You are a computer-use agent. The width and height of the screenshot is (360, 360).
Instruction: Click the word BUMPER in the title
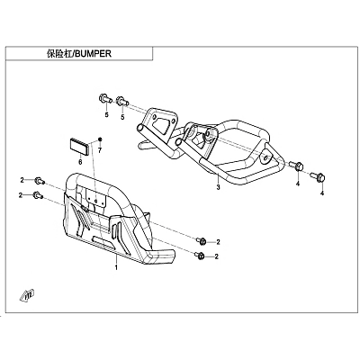click(93, 54)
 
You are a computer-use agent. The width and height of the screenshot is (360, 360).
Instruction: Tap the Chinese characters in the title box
click(59, 54)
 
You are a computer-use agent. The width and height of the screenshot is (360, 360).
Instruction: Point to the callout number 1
click(116, 266)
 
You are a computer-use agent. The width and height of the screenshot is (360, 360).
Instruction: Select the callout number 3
click(218, 187)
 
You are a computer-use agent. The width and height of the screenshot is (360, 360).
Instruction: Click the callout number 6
click(80, 162)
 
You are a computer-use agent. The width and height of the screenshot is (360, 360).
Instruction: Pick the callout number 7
click(100, 149)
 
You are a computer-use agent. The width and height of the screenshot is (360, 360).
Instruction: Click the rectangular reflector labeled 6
click(79, 147)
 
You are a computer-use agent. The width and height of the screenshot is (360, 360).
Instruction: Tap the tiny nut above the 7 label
click(100, 139)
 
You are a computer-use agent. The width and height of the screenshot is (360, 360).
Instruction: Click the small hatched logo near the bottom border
click(28, 295)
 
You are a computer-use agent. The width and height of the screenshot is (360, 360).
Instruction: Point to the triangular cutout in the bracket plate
click(165, 127)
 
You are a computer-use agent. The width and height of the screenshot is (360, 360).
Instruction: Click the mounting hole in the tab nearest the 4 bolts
click(265, 157)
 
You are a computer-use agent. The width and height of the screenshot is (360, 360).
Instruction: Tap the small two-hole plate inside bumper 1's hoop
click(96, 198)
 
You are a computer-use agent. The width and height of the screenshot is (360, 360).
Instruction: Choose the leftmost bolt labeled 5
click(105, 99)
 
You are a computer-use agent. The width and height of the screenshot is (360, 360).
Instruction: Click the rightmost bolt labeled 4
click(318, 177)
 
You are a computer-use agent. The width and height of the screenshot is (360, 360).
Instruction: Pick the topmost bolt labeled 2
click(40, 181)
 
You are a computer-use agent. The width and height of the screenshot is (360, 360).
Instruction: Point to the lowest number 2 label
click(218, 256)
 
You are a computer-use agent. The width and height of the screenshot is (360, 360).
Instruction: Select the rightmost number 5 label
click(122, 117)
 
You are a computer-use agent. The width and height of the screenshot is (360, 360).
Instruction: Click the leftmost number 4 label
click(298, 184)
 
